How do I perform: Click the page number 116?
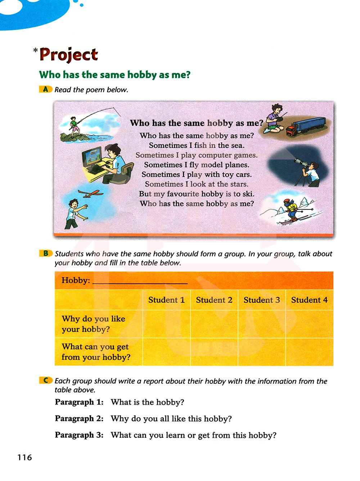pos(24,457)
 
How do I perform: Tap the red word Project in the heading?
pos(68,55)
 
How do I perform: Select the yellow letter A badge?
pos(45,89)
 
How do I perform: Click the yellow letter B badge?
pos(45,253)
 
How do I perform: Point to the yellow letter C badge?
pos(45,380)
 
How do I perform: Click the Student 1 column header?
pos(166,300)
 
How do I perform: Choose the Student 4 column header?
pos(309,300)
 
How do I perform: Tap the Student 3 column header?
pos(262,300)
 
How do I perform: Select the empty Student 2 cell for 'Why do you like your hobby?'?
pos(214,324)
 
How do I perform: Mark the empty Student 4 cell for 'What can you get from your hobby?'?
pos(309,352)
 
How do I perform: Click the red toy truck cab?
pos(291,130)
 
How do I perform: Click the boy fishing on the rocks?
pos(75,126)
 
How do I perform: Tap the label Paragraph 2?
pos(79,418)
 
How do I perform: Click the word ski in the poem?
pos(248,194)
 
